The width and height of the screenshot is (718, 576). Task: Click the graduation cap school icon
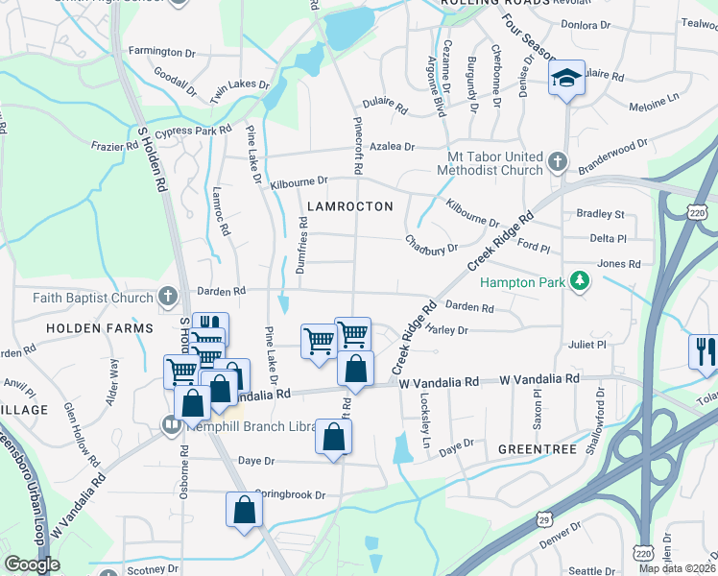click(x=566, y=79)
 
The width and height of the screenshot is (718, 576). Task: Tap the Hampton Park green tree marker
click(x=579, y=281)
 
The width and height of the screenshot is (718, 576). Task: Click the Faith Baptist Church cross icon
click(x=168, y=297)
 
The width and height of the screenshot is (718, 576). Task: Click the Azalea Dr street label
click(x=395, y=147)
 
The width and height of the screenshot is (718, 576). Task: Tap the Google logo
click(x=32, y=564)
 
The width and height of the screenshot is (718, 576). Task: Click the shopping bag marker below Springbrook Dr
click(x=244, y=509)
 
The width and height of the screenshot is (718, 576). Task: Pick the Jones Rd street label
click(x=618, y=264)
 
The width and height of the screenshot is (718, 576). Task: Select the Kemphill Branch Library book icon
click(x=172, y=423)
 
